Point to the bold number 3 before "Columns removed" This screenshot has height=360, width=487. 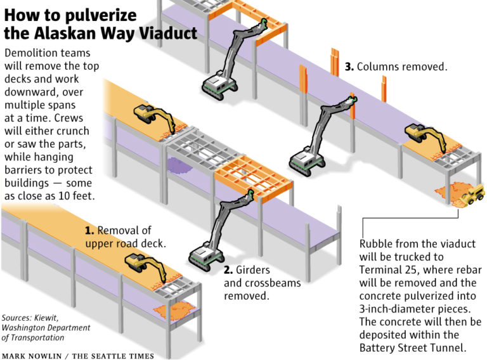coord(349,66)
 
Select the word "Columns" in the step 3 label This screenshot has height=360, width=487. coord(379,66)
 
